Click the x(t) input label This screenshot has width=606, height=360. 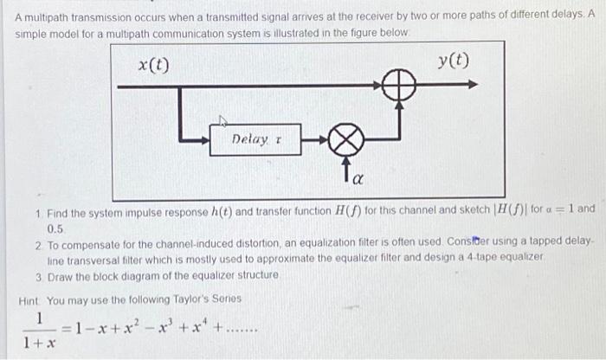[155, 64]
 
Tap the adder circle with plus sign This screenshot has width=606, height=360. [399, 86]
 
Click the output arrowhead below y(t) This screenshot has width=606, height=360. [471, 86]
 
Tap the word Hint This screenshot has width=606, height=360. [32, 300]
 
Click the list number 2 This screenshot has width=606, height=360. [39, 242]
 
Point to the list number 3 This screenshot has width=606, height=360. [39, 275]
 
